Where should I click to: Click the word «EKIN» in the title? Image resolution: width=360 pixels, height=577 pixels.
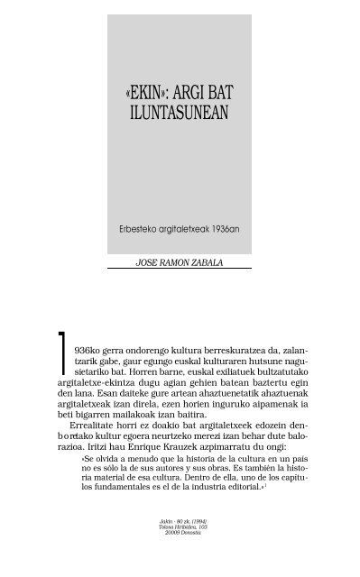(150, 92)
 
